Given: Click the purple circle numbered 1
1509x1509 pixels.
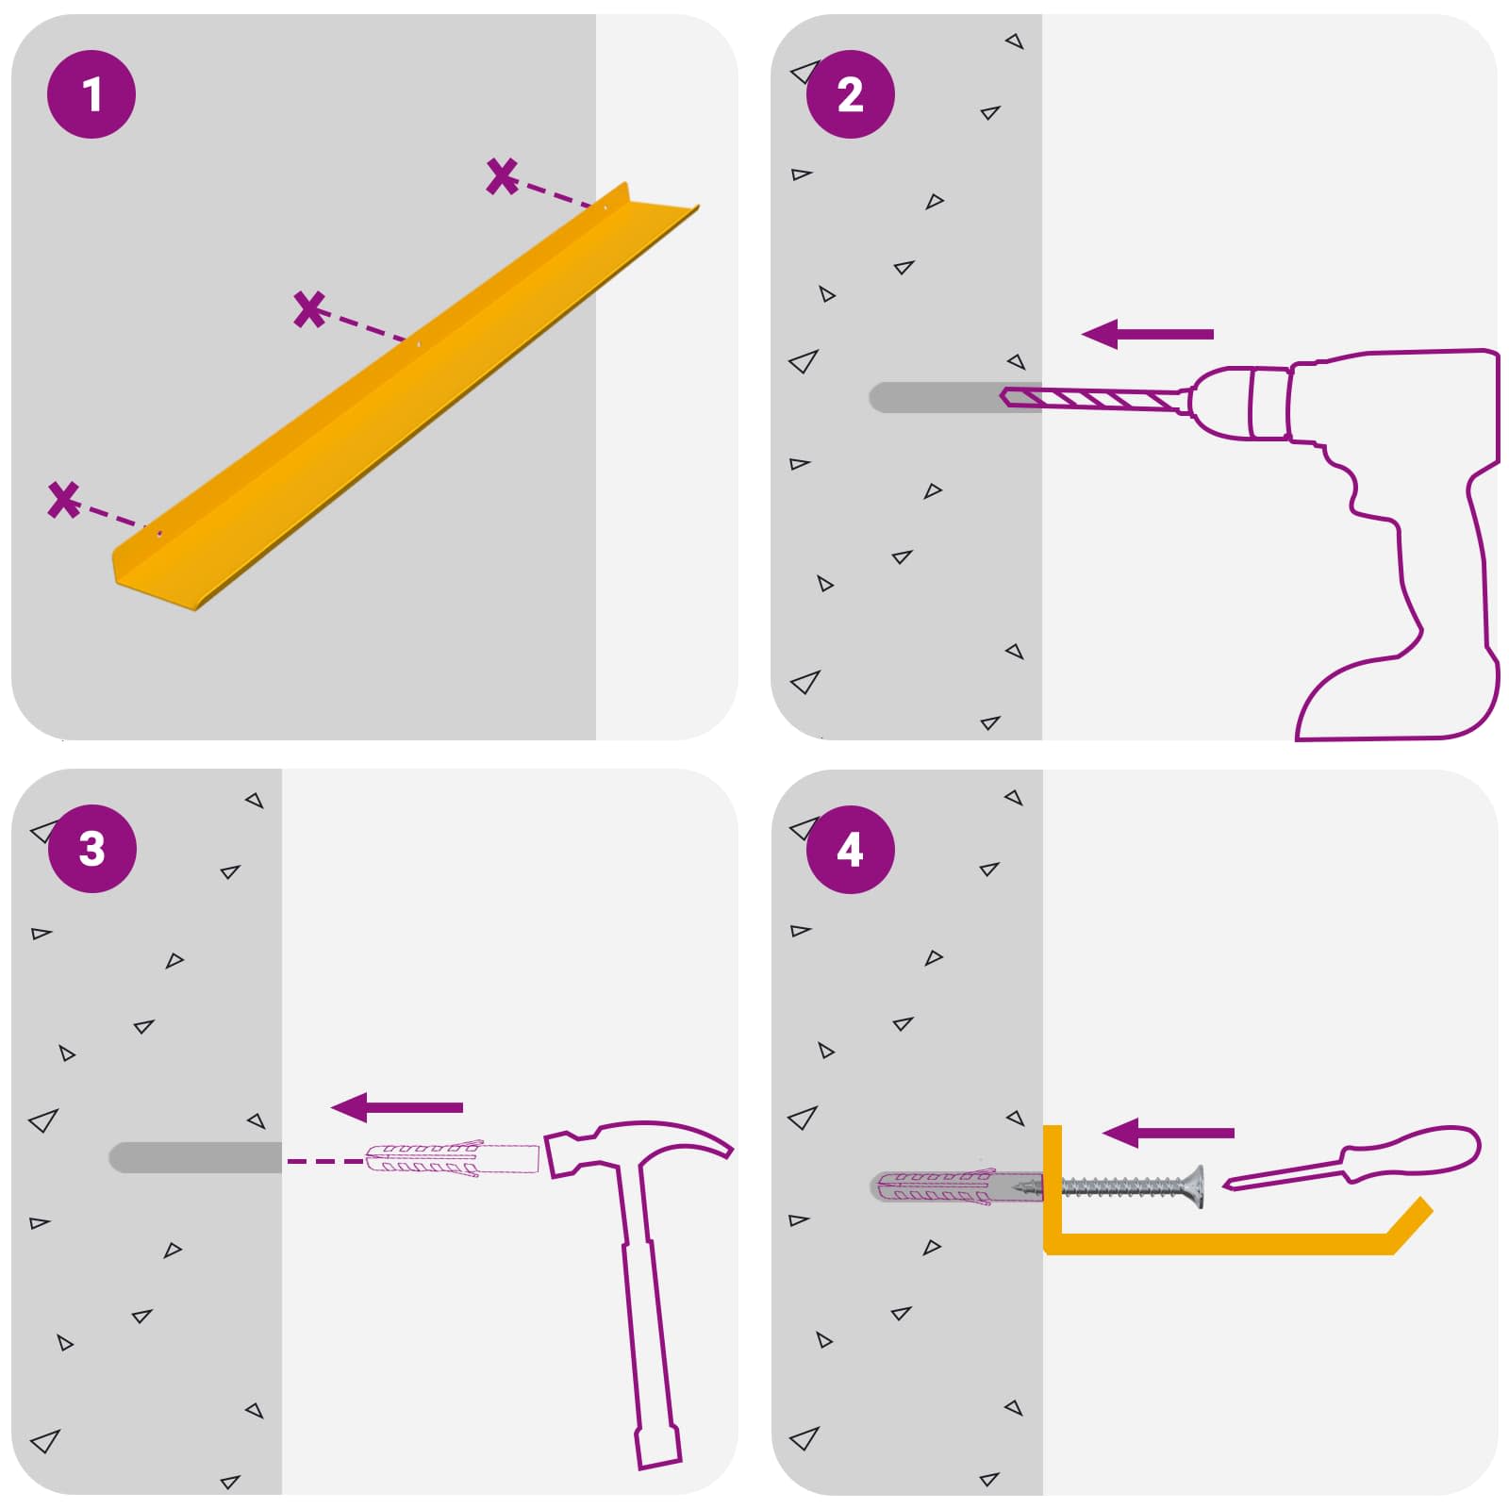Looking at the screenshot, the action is point(91,94).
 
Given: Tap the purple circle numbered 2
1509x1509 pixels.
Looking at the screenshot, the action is point(850,94).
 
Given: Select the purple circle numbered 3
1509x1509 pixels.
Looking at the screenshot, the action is point(91,849).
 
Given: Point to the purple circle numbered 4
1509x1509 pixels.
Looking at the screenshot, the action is point(850,850).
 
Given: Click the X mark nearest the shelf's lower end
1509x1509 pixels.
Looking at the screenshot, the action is point(63,500).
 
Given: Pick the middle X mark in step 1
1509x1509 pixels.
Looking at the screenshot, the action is point(309,309).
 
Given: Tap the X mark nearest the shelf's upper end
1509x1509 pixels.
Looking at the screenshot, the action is point(503,176).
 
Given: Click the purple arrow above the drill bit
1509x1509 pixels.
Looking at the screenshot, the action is point(1148,334).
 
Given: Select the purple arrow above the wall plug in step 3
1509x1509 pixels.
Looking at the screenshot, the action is point(397,1107).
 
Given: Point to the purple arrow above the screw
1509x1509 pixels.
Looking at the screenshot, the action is point(1169,1133).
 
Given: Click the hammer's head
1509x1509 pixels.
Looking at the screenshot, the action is point(632,1143).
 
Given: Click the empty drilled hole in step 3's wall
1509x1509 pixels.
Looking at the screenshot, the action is point(195,1157).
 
